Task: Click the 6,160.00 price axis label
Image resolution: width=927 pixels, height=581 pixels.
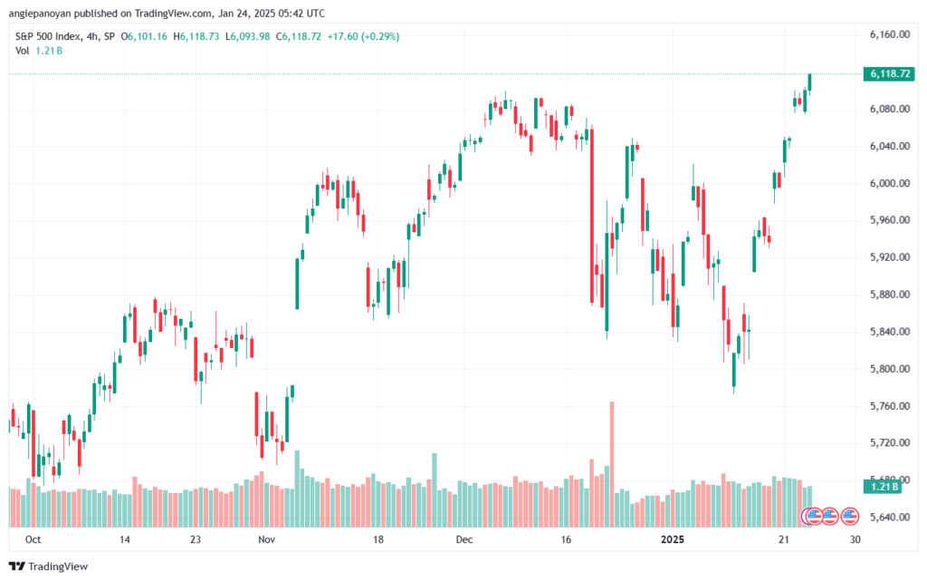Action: [888, 34]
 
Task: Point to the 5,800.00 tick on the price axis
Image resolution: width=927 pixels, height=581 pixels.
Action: [888, 369]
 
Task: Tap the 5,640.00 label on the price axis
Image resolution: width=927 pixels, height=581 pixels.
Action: [888, 518]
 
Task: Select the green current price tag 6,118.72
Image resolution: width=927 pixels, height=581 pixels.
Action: [888, 73]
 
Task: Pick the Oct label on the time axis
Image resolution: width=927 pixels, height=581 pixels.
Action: [33, 539]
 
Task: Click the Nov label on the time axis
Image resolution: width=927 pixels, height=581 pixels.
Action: [266, 539]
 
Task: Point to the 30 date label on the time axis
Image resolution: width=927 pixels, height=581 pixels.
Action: [855, 539]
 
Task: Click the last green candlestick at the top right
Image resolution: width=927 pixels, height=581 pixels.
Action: [810, 82]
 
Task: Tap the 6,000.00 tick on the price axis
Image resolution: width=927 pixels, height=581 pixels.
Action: [888, 183]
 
